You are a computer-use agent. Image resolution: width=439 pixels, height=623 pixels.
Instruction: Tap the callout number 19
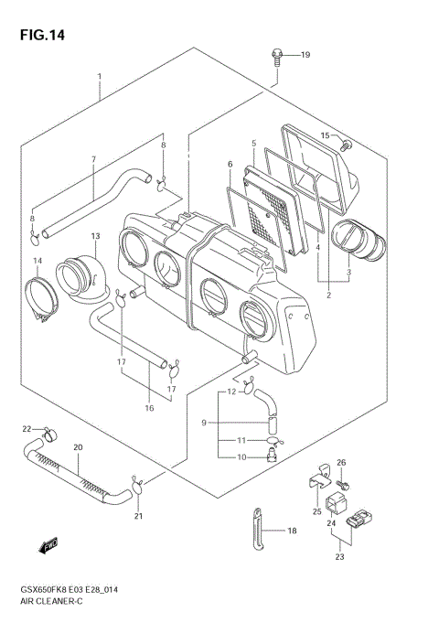click(x=305, y=55)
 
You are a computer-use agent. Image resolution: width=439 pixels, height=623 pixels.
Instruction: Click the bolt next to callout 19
click(x=275, y=57)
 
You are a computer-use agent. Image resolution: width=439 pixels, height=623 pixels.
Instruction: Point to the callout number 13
click(x=94, y=237)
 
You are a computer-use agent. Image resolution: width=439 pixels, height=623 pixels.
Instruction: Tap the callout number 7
click(x=93, y=159)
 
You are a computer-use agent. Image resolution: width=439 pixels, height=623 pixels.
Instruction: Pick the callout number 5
click(x=253, y=144)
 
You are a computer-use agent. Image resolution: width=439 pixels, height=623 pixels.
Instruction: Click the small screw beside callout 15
click(x=346, y=143)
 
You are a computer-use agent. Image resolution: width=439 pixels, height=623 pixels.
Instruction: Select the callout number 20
click(x=78, y=447)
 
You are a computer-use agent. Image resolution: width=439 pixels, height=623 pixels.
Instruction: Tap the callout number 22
click(x=27, y=428)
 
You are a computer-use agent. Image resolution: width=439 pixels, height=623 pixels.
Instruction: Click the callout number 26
click(x=341, y=462)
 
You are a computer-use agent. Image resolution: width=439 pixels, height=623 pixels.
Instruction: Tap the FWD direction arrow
click(x=49, y=548)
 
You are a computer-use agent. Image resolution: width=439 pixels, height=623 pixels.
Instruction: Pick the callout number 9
click(x=205, y=422)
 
